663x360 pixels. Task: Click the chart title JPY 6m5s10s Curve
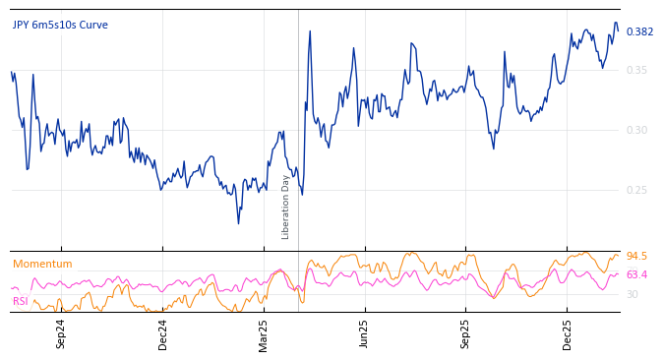[x=60, y=26]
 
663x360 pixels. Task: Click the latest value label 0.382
[x=639, y=32]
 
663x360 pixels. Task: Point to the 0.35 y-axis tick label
[x=636, y=70]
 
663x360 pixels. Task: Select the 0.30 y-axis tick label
[x=636, y=130]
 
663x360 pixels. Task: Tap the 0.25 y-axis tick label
[x=636, y=190]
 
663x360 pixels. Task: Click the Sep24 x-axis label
[x=61, y=333]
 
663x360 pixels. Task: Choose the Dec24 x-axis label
[x=163, y=333]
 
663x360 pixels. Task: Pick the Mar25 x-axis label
[x=264, y=333]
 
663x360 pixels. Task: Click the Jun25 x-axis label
[x=365, y=333]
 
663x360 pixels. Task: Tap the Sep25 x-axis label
[x=466, y=333]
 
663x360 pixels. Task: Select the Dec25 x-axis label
[x=568, y=333]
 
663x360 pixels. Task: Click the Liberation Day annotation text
[x=286, y=207]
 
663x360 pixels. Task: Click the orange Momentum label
[x=42, y=265]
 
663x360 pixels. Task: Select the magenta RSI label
[x=21, y=301]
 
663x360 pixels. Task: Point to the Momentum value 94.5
[x=636, y=257]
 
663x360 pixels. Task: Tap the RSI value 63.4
[x=636, y=275]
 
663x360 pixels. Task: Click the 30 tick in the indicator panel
[x=633, y=294]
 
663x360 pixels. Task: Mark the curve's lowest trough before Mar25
[x=238, y=223]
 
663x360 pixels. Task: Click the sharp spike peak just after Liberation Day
[x=310, y=30]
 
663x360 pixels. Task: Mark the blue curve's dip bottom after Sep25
[x=494, y=148]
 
